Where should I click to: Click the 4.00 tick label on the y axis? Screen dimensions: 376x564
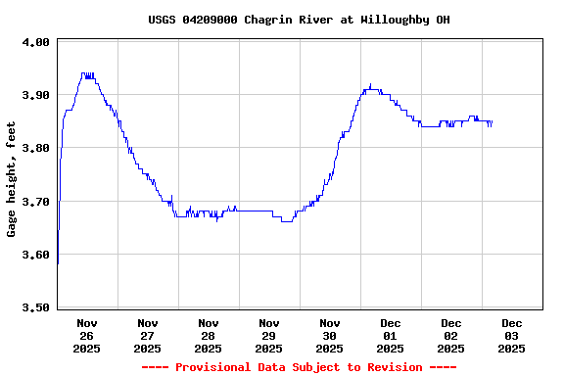[x=36, y=42]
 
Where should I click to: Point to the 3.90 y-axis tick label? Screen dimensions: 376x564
[x=36, y=95]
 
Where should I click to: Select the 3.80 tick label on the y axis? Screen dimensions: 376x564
[x=36, y=148]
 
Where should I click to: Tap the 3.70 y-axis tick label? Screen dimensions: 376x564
[x=36, y=202]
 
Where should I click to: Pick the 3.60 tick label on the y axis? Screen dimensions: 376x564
[x=36, y=255]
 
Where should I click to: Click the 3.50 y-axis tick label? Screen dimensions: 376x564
[x=36, y=307]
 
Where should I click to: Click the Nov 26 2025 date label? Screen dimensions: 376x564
[x=87, y=335]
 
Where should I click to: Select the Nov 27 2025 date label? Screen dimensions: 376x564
[x=148, y=335]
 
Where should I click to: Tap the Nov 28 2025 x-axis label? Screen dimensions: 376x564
[x=209, y=335]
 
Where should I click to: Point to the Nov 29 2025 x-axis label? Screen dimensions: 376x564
[x=269, y=335]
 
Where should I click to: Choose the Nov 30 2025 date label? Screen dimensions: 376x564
[x=330, y=335]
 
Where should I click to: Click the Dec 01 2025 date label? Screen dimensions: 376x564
[x=391, y=335]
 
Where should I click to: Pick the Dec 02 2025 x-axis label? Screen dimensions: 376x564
[x=451, y=335]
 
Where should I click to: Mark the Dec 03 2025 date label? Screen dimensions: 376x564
[x=512, y=335]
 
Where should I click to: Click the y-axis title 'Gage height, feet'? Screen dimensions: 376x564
[x=12, y=179]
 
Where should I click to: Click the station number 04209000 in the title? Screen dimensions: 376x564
[x=210, y=20]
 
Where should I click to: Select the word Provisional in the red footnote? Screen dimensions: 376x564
[x=219, y=367]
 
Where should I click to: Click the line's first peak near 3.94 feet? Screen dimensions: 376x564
[x=87, y=73]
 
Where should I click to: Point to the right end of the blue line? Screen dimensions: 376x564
[x=492, y=122]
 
